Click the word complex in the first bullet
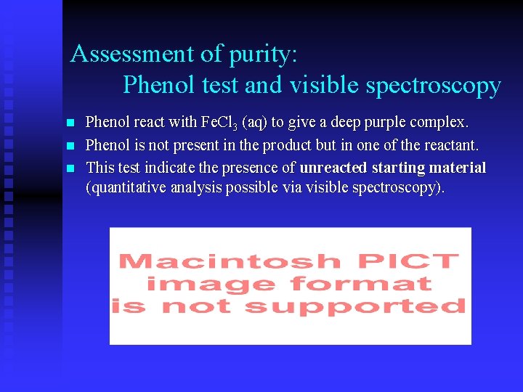440,121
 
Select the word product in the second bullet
290,145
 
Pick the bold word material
457,168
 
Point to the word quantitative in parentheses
127,188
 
